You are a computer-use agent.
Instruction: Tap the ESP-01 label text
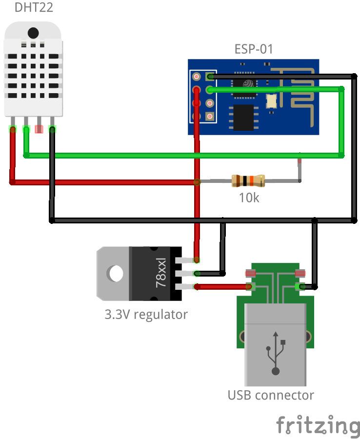[x=254, y=49]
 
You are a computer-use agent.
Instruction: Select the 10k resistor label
[x=249, y=198]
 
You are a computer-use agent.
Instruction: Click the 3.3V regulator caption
[x=146, y=315]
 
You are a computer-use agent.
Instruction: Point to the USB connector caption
[x=271, y=395]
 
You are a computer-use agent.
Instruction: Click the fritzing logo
[x=318, y=425]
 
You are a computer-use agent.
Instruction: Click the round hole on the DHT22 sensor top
[x=33, y=33]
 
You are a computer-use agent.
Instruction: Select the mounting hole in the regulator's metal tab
[x=116, y=273]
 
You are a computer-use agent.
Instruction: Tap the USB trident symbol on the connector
[x=276, y=354]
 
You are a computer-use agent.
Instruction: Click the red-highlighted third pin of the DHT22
[x=39, y=129]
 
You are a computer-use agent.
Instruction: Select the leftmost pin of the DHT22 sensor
[x=13, y=128]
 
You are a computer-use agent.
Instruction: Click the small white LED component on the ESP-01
[x=271, y=101]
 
